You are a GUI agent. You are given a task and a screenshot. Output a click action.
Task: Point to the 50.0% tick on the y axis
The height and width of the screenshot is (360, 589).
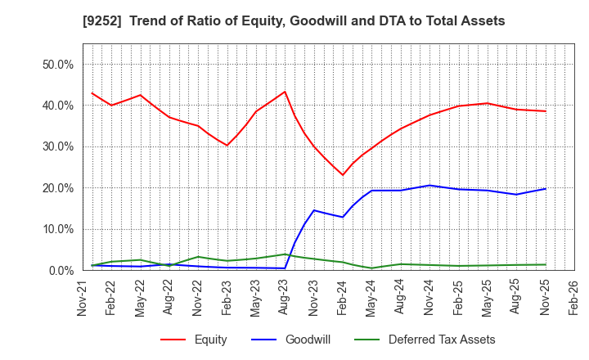pyautogui.click(x=57, y=64)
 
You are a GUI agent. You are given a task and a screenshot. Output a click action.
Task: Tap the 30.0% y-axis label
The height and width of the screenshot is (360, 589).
pyautogui.click(x=57, y=146)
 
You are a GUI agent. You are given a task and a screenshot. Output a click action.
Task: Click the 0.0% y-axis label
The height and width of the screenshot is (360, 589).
pyautogui.click(x=61, y=270)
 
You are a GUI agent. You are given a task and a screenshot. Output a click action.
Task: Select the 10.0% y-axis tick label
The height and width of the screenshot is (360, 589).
pyautogui.click(x=57, y=229)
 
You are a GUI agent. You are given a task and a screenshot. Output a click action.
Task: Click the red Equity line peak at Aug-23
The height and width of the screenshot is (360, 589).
pyautogui.click(x=285, y=92)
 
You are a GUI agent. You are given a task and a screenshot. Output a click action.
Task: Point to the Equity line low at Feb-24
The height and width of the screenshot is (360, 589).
pyautogui.click(x=343, y=175)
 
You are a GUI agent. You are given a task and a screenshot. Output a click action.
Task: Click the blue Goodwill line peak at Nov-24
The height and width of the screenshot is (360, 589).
pyautogui.click(x=429, y=185)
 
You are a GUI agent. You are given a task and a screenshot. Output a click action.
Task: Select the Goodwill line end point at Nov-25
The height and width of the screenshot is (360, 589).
pyautogui.click(x=546, y=189)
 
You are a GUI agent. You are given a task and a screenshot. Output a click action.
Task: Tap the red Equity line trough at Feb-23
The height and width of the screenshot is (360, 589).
pyautogui.click(x=227, y=146)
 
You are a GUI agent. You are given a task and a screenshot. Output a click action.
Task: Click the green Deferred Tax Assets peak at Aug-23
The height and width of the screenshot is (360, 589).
pyautogui.click(x=285, y=254)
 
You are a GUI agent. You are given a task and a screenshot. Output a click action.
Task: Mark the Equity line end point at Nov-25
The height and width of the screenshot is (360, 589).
pyautogui.click(x=546, y=111)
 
